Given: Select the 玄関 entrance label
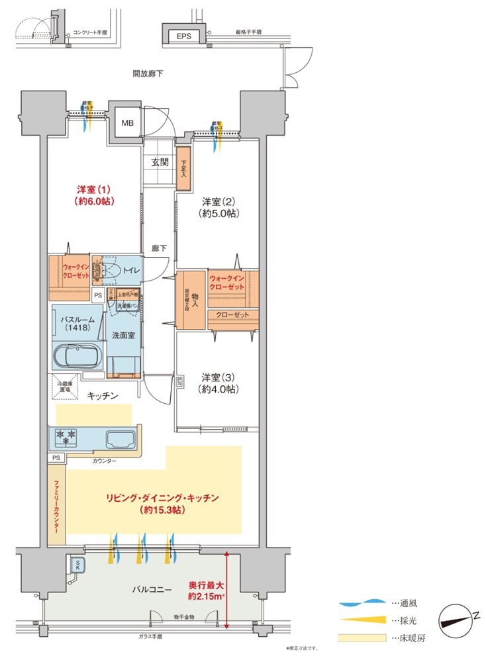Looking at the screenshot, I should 159,162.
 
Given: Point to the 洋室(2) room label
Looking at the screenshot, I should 220,207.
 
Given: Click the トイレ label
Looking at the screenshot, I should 130,270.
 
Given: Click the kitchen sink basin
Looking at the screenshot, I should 120,438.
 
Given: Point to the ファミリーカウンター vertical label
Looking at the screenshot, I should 56,506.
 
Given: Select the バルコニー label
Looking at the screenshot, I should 151,589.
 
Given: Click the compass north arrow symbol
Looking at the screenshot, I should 456,617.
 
